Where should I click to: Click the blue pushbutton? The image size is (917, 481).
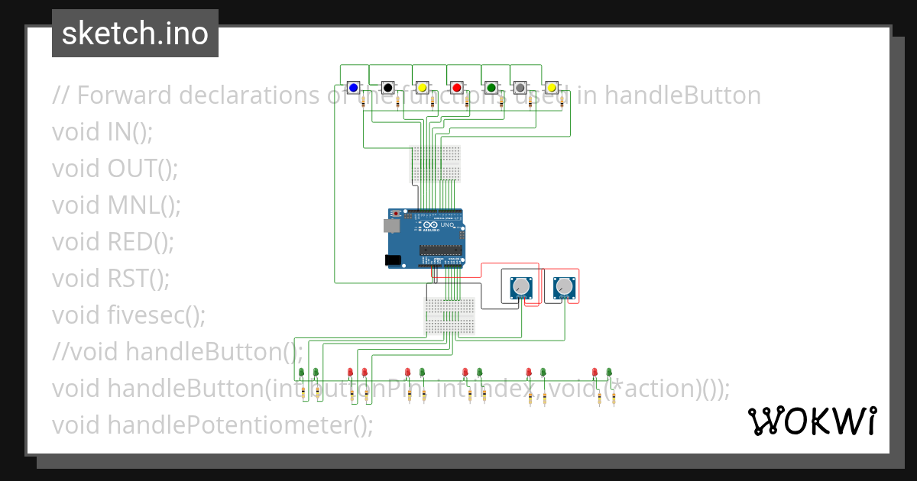click(353, 89)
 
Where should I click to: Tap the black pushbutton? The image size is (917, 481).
click(388, 89)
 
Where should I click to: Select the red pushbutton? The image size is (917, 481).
click(456, 89)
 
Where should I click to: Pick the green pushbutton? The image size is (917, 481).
click(491, 89)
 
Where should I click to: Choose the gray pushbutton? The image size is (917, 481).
click(520, 89)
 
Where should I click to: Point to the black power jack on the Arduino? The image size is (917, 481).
click(393, 260)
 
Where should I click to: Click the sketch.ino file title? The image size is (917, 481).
click(135, 34)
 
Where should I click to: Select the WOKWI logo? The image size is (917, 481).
click(811, 421)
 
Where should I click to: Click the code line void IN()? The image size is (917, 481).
click(102, 132)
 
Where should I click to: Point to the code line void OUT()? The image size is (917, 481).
click(115, 169)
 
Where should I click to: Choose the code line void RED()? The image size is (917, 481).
click(113, 242)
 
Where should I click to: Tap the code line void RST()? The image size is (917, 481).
click(111, 279)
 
